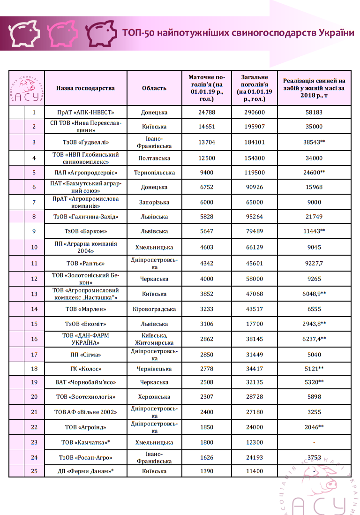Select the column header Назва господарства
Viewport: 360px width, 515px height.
(x=85, y=88)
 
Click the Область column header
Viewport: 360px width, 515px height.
(x=154, y=88)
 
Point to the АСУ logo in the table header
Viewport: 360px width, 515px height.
(x=27, y=88)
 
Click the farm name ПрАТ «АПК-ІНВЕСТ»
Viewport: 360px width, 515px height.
(x=85, y=113)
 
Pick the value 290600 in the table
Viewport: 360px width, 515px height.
(x=254, y=113)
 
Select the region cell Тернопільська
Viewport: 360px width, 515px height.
(x=154, y=173)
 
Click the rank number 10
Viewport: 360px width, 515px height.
(x=34, y=247)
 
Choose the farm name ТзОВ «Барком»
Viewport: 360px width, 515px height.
(x=85, y=231)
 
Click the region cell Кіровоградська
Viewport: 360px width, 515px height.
(x=154, y=309)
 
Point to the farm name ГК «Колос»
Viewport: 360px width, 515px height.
(x=85, y=369)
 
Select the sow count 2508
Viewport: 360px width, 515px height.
(x=206, y=382)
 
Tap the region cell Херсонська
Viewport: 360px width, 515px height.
(x=154, y=397)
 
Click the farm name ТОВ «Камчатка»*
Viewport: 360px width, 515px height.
(x=85, y=442)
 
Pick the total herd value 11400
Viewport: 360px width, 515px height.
(x=254, y=471)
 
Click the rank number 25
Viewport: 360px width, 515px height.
(x=34, y=471)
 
